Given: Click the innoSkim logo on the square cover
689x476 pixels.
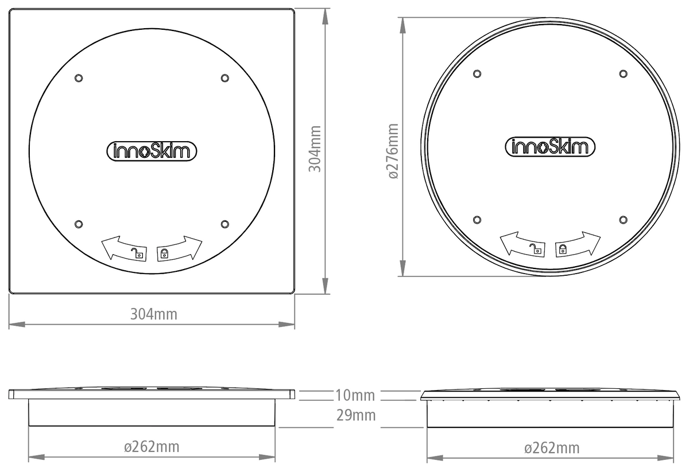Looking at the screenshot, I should [152, 150].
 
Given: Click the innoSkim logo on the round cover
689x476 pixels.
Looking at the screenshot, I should [549, 147].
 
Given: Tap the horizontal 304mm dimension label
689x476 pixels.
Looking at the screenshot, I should [153, 314].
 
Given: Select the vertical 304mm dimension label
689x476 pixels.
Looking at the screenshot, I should [315, 149].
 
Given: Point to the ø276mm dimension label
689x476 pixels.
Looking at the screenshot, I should [393, 151].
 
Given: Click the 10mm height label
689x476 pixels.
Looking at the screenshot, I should [355, 395].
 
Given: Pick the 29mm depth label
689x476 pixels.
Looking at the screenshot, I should [355, 415].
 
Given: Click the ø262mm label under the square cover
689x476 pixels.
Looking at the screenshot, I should [152, 446].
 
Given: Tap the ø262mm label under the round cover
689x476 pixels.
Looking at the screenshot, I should [551, 448].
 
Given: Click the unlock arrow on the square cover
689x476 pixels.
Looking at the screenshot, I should [123, 248].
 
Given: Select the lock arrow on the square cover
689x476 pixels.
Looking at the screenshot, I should [180, 248].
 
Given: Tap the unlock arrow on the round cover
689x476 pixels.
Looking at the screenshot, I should [522, 244].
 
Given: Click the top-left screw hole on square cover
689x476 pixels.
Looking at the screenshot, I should [79, 77].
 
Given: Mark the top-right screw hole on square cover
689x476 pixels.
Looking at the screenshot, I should [224, 77].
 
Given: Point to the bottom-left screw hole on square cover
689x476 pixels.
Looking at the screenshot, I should [79, 223].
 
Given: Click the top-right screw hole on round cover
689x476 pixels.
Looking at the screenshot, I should [623, 73].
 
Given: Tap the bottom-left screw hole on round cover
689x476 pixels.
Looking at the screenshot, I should [477, 220].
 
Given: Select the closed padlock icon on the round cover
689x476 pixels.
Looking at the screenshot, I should [563, 249].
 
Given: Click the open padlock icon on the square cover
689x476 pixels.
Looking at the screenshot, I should [137, 253].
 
